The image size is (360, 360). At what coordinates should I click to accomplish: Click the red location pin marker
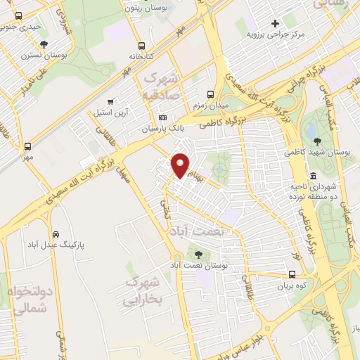tap(181, 165)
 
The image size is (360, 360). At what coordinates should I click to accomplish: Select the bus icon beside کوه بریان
tap(292, 275)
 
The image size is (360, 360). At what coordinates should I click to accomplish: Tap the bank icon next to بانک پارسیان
tap(163, 117)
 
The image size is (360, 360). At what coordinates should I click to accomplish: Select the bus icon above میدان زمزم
tap(210, 94)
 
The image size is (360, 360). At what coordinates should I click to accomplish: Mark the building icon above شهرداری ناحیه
tap(312, 176)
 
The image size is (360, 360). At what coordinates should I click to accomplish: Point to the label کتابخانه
tap(141, 55)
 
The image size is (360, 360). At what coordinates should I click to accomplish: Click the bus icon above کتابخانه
tap(142, 44)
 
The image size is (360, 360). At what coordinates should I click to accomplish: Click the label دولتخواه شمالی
tap(30, 299)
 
